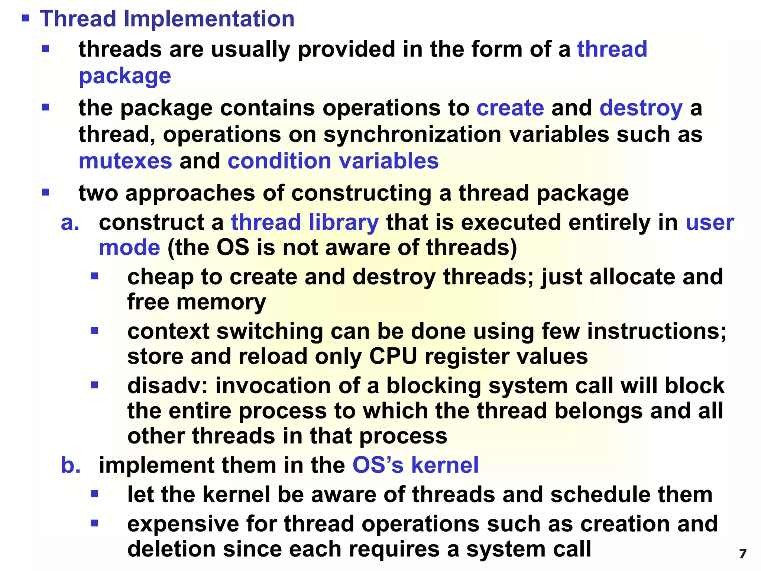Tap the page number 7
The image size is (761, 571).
coord(743,554)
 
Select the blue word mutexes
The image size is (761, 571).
coord(125,161)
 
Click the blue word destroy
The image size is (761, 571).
coord(641,108)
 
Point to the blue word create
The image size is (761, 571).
coord(510,108)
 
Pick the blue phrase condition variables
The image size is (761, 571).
coord(333,161)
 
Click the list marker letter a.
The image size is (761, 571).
coord(70,223)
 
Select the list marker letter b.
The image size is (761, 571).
coord(70,465)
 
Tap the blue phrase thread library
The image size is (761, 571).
coord(305,223)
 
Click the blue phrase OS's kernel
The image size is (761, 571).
coord(415,465)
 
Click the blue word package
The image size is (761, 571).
coord(125,76)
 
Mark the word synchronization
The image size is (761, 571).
coord(412,135)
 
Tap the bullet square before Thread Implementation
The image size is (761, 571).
coord(25,18)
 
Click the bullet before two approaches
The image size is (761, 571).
coord(46,193)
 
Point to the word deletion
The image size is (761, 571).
coord(171,549)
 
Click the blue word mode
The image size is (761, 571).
coord(129,248)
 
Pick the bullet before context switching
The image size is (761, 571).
coord(94,330)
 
